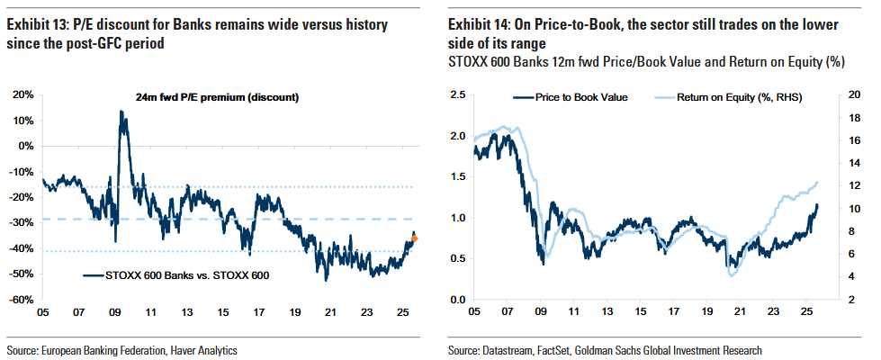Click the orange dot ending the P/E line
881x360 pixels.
point(415,238)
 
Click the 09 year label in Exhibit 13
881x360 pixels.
point(115,312)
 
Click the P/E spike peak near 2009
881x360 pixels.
point(121,112)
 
